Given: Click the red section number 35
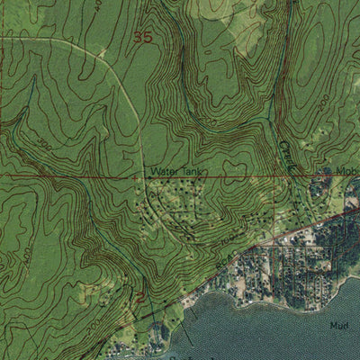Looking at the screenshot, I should pyautogui.click(x=142, y=37).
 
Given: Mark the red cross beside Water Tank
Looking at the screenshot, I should pyautogui.click(x=136, y=177).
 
